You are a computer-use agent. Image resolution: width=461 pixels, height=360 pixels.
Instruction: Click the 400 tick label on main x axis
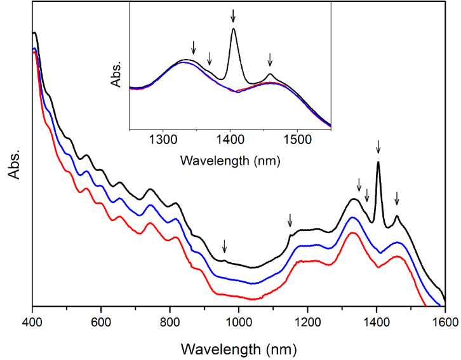pos(32,322)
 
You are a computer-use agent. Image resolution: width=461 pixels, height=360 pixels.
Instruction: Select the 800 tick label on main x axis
pos(170,322)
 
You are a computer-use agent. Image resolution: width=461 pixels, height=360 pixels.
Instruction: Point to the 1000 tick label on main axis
pos(239,322)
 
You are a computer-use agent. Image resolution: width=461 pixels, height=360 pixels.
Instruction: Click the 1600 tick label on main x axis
pos(444,322)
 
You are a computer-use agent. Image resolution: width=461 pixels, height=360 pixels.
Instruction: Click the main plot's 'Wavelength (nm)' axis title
pos(238,348)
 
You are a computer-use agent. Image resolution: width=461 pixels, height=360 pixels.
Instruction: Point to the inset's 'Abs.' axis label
pos(116,74)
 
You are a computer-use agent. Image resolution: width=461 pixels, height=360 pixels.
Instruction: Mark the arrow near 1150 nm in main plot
pos(290,220)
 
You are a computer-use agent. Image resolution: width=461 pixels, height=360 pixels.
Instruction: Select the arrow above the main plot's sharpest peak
pos(378,146)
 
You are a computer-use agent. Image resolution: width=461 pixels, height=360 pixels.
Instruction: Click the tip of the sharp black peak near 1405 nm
pos(378,163)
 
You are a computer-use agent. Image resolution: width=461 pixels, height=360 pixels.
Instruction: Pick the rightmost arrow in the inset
pos(270,59)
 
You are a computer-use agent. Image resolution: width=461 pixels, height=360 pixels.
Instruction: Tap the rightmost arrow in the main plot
pos(397,198)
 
